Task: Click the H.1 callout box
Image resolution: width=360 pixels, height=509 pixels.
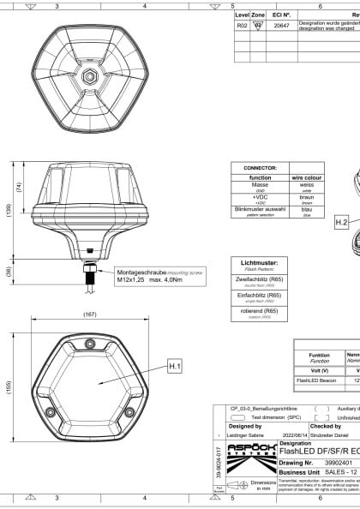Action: [174, 366]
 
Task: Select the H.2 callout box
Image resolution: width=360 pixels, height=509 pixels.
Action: [341, 222]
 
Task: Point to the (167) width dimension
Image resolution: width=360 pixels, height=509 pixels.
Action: [89, 314]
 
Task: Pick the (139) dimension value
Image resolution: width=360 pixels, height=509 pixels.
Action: [8, 208]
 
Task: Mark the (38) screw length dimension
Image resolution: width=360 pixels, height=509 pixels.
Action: [9, 272]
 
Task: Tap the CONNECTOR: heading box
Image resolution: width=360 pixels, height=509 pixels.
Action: [261, 168]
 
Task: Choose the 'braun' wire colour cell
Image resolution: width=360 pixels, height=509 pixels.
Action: [307, 196]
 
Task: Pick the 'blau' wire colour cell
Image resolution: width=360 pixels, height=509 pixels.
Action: [307, 209]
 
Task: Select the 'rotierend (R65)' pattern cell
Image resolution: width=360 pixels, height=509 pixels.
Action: [261, 312]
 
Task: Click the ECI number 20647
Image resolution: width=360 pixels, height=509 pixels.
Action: [281, 26]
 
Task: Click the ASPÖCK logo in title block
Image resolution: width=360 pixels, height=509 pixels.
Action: [244, 455]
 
